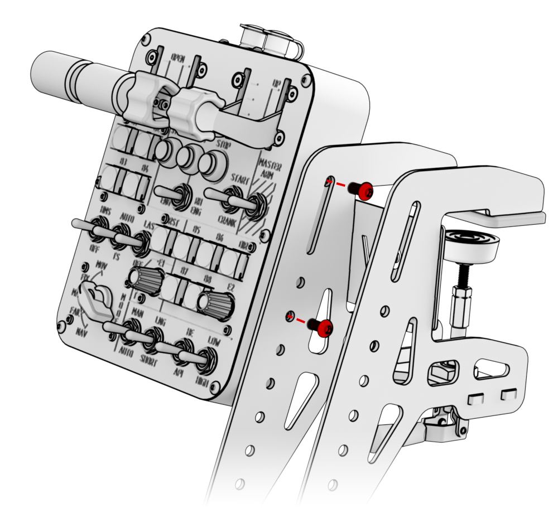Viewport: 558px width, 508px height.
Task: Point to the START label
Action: pos(241,178)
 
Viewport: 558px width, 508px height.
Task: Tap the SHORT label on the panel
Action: pos(149,357)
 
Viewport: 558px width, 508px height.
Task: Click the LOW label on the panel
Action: pos(215,340)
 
